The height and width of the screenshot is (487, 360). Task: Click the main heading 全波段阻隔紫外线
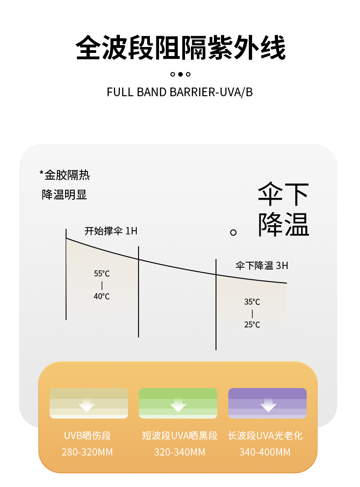pyautogui.click(x=180, y=48)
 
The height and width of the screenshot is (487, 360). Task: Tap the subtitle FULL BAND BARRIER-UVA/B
pyautogui.click(x=180, y=92)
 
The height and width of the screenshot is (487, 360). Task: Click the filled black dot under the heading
pyautogui.click(x=180, y=74)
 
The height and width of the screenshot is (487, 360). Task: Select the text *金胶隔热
pyautogui.click(x=65, y=174)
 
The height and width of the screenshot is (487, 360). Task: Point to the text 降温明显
pyautogui.click(x=64, y=195)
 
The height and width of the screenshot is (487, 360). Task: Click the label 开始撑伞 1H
pyautogui.click(x=111, y=231)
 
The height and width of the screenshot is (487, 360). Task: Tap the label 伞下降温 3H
pyautogui.click(x=262, y=265)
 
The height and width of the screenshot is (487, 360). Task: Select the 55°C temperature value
pyautogui.click(x=102, y=274)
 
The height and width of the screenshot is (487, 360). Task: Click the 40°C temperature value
pyautogui.click(x=102, y=296)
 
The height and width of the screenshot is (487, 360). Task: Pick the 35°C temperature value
pyautogui.click(x=252, y=302)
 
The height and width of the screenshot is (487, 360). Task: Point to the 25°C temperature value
pyautogui.click(x=252, y=325)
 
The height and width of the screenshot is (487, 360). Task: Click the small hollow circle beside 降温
pyautogui.click(x=233, y=233)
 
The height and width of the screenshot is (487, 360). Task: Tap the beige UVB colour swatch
pyautogui.click(x=89, y=403)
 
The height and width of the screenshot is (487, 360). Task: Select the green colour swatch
pyautogui.click(x=178, y=403)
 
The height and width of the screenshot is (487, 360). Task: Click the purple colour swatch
pyautogui.click(x=267, y=403)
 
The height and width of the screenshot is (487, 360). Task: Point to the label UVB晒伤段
pyautogui.click(x=87, y=436)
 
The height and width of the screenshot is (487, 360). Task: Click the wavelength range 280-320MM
pyautogui.click(x=87, y=452)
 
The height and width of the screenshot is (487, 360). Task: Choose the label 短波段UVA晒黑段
pyautogui.click(x=180, y=436)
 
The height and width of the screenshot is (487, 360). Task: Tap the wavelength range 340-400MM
pyautogui.click(x=265, y=452)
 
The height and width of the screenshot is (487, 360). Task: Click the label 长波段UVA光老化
pyautogui.click(x=265, y=436)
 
